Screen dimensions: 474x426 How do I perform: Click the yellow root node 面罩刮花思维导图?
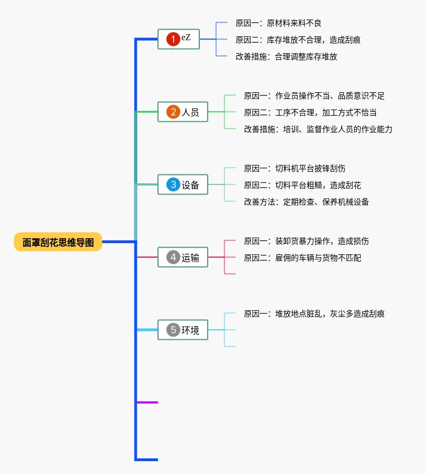(58, 242)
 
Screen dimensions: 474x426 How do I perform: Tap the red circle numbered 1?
(173, 39)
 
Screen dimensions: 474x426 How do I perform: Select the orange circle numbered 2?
(173, 112)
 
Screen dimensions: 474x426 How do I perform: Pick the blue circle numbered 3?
(173, 184)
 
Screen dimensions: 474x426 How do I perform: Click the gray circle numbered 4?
(173, 257)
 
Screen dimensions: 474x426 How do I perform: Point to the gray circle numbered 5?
(173, 330)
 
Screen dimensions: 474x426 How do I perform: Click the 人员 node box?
(183, 112)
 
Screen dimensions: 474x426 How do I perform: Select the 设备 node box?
(183, 184)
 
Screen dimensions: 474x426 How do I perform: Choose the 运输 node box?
(183, 257)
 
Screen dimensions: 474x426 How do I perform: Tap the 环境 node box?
(183, 330)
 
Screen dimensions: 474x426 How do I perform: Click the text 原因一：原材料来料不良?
(278, 23)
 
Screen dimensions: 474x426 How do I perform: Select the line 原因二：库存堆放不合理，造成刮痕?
(298, 40)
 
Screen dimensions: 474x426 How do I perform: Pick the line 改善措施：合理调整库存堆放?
(286, 56)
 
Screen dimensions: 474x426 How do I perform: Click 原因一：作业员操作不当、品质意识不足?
(314, 96)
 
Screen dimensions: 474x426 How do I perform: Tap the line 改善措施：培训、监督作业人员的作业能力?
(318, 129)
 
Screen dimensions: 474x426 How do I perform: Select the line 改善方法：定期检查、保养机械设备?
(306, 202)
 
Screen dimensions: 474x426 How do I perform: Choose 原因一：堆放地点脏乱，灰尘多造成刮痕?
(314, 314)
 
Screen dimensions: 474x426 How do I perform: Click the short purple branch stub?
(147, 402)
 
